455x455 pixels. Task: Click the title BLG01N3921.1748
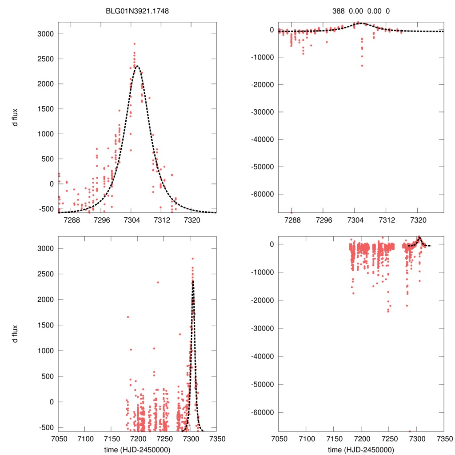click(x=137, y=11)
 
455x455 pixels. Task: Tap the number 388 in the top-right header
click(x=339, y=11)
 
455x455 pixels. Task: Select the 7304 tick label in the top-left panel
click(x=131, y=220)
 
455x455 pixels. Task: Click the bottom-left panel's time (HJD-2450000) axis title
click(x=137, y=449)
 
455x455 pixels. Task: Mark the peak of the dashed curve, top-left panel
click(x=137, y=66)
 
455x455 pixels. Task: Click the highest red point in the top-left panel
click(x=134, y=44)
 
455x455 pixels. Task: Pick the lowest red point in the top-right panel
click(x=291, y=212)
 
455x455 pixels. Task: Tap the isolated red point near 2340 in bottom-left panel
click(x=158, y=282)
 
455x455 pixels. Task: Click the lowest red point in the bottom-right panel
click(x=410, y=431)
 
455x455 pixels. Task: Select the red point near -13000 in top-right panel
click(x=362, y=66)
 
